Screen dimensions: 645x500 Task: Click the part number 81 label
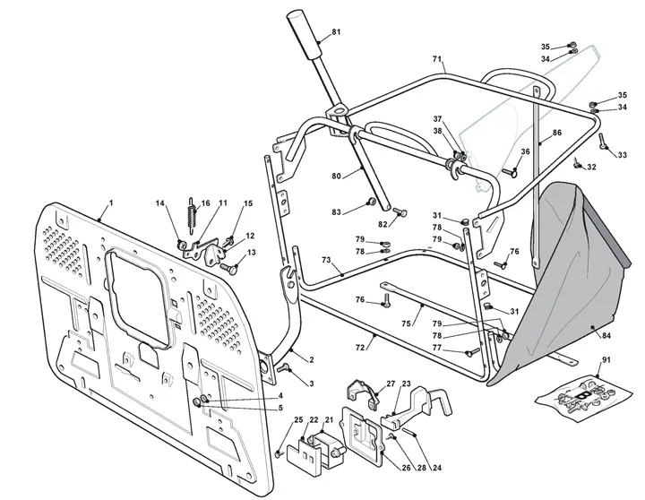click(x=336, y=31)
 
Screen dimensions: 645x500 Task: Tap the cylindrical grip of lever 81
click(x=305, y=35)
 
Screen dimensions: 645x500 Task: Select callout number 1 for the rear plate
click(x=111, y=203)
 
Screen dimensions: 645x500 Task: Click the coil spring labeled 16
click(x=192, y=215)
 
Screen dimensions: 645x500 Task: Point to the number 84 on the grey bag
click(x=606, y=335)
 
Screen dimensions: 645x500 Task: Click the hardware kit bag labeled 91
click(x=584, y=400)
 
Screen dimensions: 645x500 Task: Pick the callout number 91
click(x=606, y=360)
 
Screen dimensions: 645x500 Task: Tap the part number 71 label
click(x=437, y=59)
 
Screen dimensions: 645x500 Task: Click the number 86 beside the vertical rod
click(x=556, y=133)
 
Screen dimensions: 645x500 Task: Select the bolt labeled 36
click(x=510, y=173)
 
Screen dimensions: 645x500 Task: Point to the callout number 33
click(x=623, y=155)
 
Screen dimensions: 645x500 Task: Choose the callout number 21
click(x=329, y=419)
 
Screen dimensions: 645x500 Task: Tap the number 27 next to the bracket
click(x=391, y=384)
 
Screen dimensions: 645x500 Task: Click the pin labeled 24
click(x=409, y=432)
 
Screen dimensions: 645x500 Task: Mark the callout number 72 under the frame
click(x=360, y=348)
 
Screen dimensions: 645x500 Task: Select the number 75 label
click(x=406, y=323)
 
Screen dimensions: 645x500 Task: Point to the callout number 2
click(x=312, y=359)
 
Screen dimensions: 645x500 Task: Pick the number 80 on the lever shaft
click(x=336, y=177)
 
